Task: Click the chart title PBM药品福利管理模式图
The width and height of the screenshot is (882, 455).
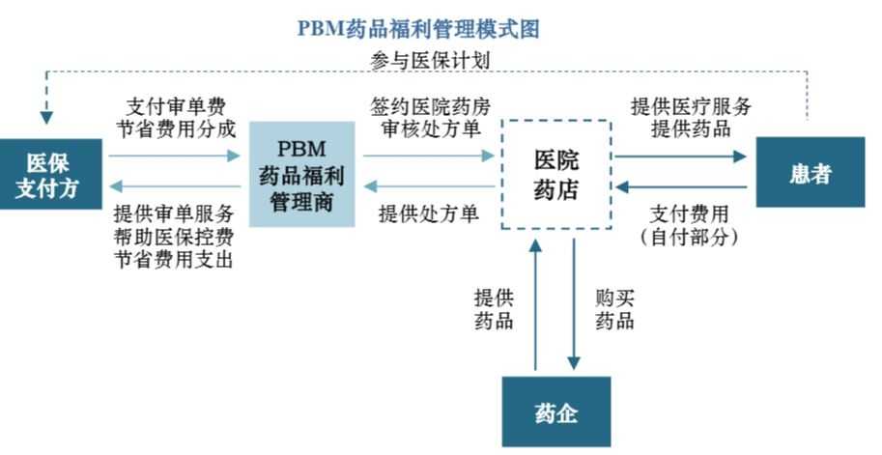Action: coord(417,28)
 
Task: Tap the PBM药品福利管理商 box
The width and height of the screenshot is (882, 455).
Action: coord(301,174)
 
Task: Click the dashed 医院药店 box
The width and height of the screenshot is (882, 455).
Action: coord(555,174)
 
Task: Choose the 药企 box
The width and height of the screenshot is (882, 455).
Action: coord(555,413)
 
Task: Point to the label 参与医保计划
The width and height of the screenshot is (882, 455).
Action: coord(430,60)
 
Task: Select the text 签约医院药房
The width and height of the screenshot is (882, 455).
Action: coord(430,105)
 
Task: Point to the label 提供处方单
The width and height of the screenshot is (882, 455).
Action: coord(429,213)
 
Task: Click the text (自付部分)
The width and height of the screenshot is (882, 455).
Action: coord(688,236)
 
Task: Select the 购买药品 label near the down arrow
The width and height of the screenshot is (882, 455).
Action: coord(614,309)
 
